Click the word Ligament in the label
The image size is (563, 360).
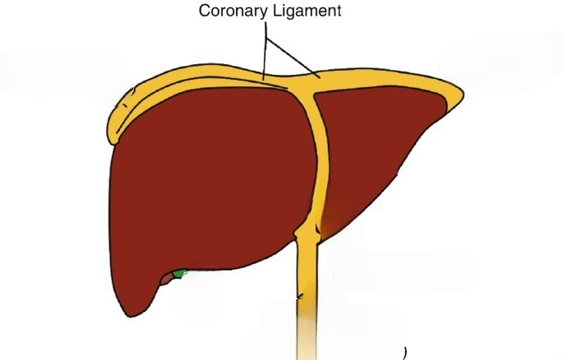point(307,11)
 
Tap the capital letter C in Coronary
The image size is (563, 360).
point(205,11)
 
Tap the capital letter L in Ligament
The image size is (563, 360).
point(276,11)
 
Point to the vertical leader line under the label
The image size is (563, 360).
point(265,51)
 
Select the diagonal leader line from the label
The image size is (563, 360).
point(293,58)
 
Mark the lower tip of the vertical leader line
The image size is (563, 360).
point(264,80)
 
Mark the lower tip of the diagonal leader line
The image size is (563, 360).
point(320,78)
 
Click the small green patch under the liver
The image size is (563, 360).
point(179,274)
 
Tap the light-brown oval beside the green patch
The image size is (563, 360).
point(166,279)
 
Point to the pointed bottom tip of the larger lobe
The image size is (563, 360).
point(130,316)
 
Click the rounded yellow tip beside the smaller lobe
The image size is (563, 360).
point(457,95)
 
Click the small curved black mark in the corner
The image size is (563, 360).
point(405,353)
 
